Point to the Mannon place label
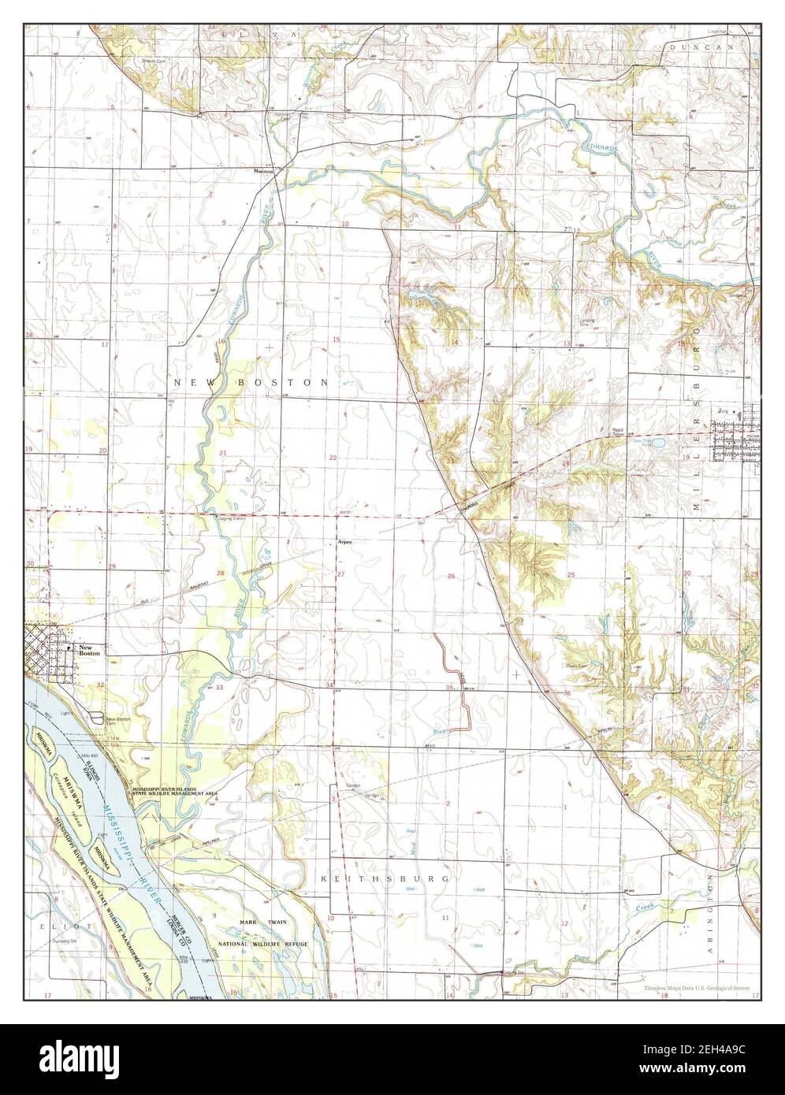pos(262,171)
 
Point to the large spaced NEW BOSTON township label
pos(251,382)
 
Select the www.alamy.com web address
pos(704,1073)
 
